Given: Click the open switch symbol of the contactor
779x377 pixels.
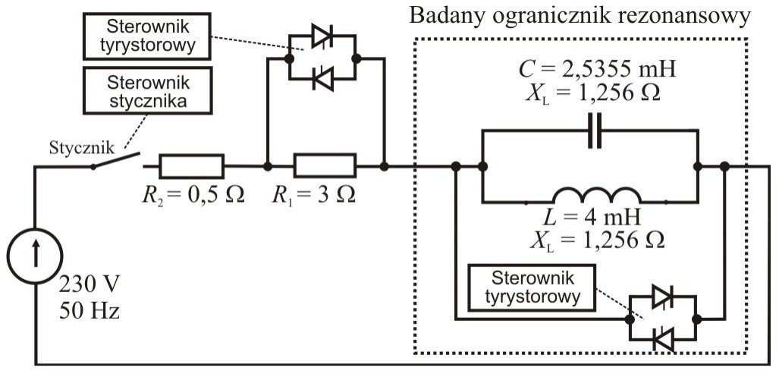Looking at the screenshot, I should (118, 161).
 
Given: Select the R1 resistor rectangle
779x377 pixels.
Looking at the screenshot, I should (325, 165).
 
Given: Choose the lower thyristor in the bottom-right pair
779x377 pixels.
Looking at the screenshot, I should (663, 339).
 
